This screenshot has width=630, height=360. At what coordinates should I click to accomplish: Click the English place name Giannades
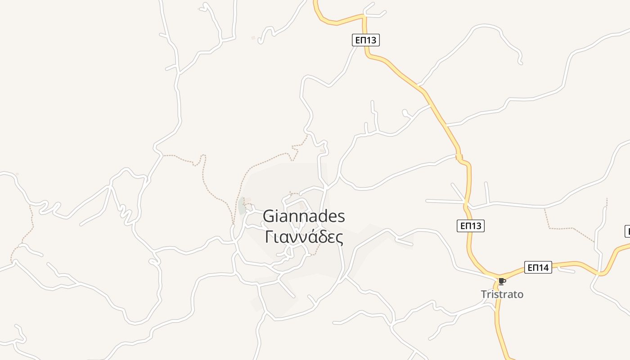[x=304, y=216]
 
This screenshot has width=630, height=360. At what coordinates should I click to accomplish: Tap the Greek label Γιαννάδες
[x=304, y=237]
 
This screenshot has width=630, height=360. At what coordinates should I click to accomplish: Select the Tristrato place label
[x=502, y=294]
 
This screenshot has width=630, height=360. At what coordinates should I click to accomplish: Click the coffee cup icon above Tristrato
[x=502, y=282]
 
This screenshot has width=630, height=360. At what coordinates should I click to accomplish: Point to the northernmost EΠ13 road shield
[x=365, y=40]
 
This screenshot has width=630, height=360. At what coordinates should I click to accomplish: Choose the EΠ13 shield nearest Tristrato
[x=471, y=226]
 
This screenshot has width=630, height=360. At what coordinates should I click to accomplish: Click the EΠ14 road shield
[x=538, y=268]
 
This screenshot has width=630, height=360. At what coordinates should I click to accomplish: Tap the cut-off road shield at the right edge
[x=627, y=231]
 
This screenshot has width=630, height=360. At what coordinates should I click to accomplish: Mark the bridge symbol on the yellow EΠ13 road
[x=459, y=157]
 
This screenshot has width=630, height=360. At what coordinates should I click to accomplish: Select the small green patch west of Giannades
[x=242, y=206]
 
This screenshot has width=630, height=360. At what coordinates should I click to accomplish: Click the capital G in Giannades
[x=269, y=216]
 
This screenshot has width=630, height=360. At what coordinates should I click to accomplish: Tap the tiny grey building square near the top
[x=253, y=38]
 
